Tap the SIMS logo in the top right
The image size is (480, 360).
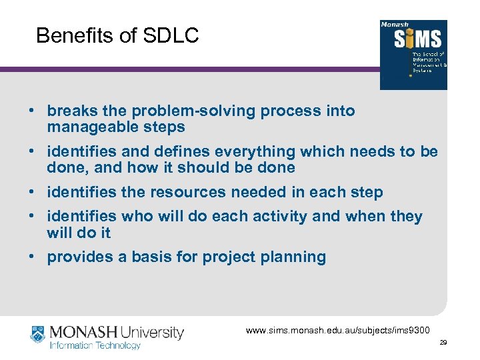point(413,55)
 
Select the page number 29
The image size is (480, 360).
point(443,343)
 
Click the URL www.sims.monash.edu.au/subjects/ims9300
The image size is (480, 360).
point(338,331)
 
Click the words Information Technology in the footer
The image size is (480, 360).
point(95,345)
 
